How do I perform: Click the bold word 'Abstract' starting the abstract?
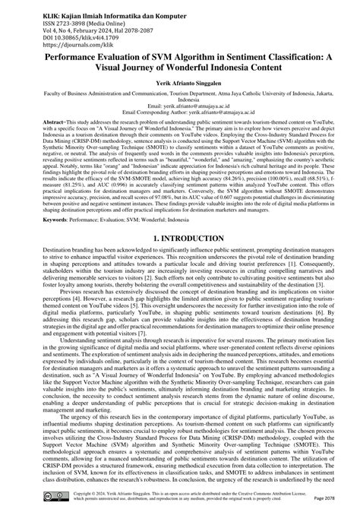(35, 143)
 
